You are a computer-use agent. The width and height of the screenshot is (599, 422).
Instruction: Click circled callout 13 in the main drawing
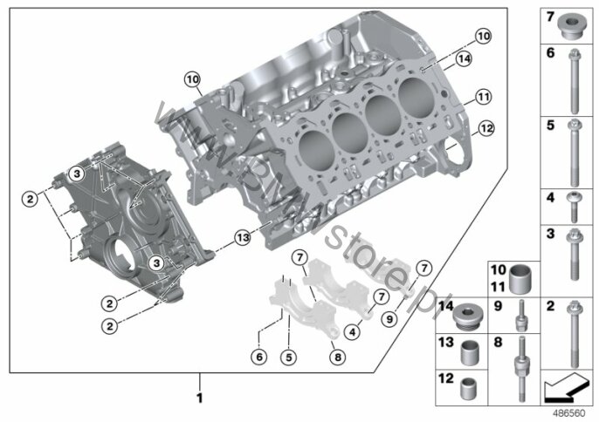[243, 238]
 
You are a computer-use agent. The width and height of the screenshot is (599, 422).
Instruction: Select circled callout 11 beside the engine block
[483, 97]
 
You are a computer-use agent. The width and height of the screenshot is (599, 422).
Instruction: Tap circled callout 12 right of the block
[485, 128]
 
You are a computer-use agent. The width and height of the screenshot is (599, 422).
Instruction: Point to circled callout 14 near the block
[464, 58]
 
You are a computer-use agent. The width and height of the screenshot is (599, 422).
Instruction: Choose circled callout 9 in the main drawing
[389, 318]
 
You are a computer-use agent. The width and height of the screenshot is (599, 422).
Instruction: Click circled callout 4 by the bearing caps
[352, 332]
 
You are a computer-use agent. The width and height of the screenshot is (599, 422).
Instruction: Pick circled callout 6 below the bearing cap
[259, 357]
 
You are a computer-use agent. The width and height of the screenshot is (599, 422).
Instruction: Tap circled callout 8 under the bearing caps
[338, 357]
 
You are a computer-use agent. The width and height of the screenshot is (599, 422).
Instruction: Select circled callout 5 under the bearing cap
[288, 357]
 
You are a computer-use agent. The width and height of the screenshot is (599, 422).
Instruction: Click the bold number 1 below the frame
[199, 398]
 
